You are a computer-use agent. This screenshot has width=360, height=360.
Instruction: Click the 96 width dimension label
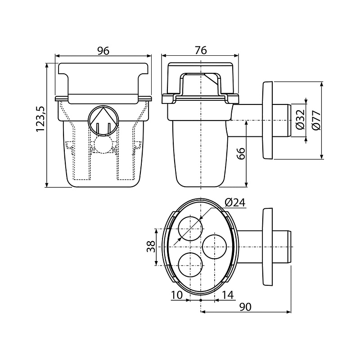point(103,51)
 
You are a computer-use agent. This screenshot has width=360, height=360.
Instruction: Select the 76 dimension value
point(201,51)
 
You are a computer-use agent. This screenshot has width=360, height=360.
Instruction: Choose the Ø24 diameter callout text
point(234,202)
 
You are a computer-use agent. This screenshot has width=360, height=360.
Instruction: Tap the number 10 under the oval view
point(177,295)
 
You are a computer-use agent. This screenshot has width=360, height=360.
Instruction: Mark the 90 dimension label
point(246,307)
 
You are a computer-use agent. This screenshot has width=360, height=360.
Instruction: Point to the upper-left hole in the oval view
point(189,228)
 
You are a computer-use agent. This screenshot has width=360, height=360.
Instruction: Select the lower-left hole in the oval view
point(189,265)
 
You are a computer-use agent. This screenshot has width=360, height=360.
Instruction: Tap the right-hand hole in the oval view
point(215,247)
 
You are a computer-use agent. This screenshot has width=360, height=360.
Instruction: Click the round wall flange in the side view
point(267,120)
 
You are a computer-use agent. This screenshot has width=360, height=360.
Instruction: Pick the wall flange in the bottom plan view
point(267,247)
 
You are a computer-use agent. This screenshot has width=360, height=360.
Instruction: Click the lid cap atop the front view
point(103,79)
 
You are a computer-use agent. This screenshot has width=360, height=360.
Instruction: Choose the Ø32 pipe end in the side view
point(284,120)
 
